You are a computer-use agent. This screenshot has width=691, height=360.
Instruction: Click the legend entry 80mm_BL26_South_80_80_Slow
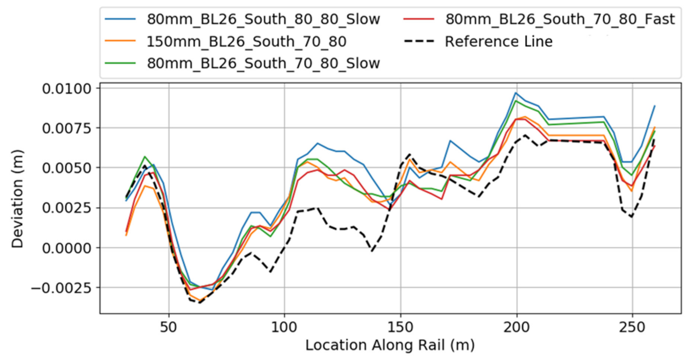263,19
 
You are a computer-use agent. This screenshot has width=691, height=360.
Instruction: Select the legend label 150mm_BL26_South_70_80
247,41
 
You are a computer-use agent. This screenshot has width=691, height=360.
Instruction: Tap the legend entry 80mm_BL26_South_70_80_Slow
263,63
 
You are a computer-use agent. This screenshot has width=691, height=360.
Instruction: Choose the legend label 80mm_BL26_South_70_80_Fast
560,19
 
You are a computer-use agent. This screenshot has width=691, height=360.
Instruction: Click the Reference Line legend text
498,41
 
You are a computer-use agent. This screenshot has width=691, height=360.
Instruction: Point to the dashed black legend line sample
419,41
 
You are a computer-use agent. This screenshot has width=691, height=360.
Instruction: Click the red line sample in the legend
419,19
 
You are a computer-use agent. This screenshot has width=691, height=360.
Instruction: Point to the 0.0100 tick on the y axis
67,89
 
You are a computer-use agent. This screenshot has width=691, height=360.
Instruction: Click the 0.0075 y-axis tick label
67,128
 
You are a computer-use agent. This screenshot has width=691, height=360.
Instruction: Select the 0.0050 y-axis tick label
67,168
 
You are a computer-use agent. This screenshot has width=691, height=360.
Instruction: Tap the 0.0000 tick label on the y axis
67,248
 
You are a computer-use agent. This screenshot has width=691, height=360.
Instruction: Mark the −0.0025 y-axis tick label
61,288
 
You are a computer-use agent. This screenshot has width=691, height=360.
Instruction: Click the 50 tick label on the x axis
168,327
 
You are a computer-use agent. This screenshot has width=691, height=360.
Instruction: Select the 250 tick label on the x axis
632,327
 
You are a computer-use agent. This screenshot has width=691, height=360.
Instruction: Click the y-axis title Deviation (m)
17,199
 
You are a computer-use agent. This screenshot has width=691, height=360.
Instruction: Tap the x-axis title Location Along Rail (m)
390,345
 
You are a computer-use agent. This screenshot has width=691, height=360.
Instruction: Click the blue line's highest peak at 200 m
516,93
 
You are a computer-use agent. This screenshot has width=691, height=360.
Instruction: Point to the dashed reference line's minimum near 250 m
632,217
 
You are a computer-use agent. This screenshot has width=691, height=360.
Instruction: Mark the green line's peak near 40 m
144,156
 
